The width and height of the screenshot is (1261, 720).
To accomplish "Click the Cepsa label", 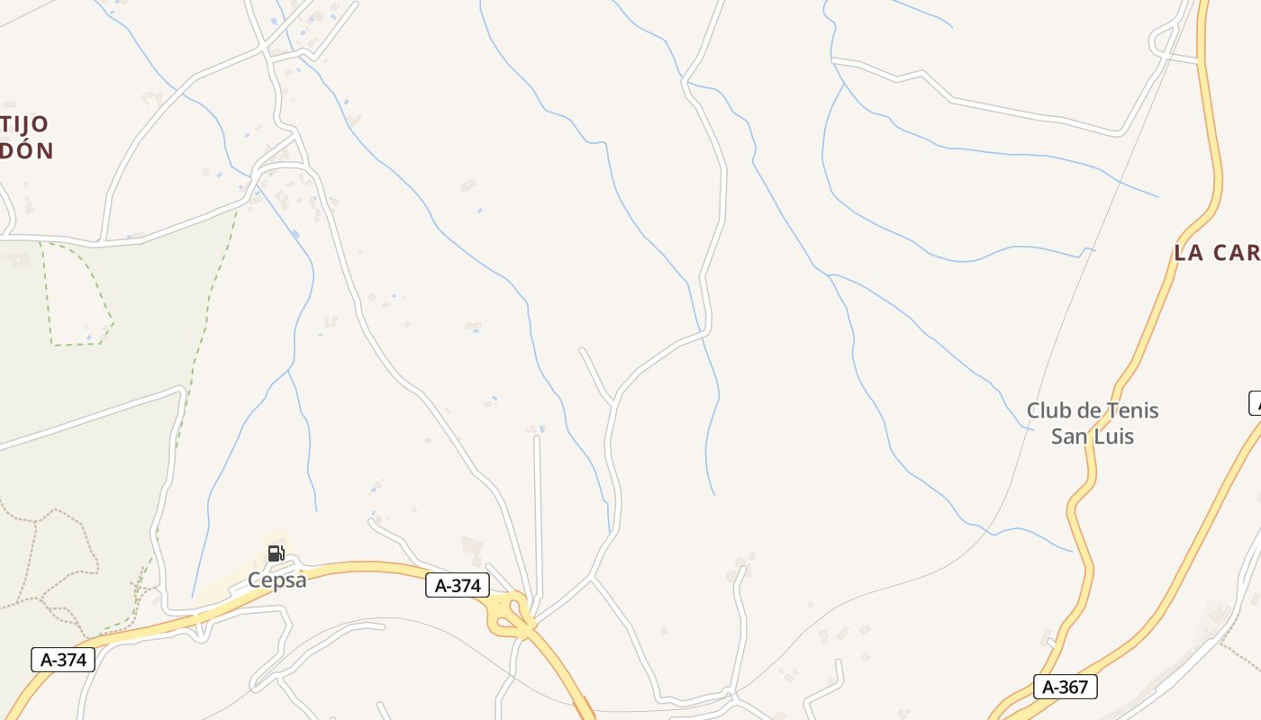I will pos(277,580).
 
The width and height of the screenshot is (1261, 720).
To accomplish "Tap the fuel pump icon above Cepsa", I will pos(276,553).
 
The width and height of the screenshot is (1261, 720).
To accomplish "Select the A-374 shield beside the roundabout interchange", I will pos(458,586).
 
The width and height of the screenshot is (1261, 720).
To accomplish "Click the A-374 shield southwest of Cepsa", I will pos(63,660).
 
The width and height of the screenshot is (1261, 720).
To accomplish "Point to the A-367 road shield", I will pos(1065,687).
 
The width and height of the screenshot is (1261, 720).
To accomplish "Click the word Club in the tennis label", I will pos(1050,411).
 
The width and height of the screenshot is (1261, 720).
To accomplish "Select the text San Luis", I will pos(1093,436).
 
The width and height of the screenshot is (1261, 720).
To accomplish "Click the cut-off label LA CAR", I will pos(1216,253).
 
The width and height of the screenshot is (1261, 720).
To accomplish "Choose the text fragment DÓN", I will pos(26,151).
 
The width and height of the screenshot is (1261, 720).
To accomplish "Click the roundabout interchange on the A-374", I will pos(509,613).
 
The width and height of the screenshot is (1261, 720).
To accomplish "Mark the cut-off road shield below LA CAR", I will pos(1255,403).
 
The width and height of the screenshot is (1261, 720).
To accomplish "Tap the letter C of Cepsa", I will pos(255,580).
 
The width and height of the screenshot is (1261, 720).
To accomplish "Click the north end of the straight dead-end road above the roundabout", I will pos(537,438).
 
